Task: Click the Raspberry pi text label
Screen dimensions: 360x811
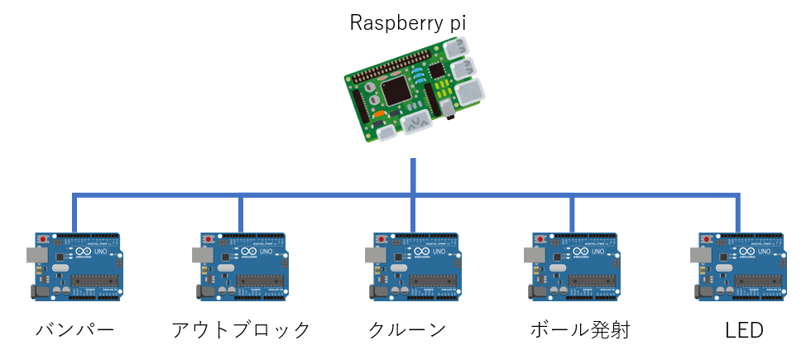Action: pyautogui.click(x=408, y=22)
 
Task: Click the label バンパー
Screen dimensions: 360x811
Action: pyautogui.click(x=74, y=330)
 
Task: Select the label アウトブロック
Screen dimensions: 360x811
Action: pyautogui.click(x=241, y=330)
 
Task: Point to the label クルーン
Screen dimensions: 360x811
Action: pyautogui.click(x=407, y=330)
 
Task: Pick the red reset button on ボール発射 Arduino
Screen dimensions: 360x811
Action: pyautogui.click(x=540, y=240)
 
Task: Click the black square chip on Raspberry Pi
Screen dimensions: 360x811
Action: pyautogui.click(x=395, y=89)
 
